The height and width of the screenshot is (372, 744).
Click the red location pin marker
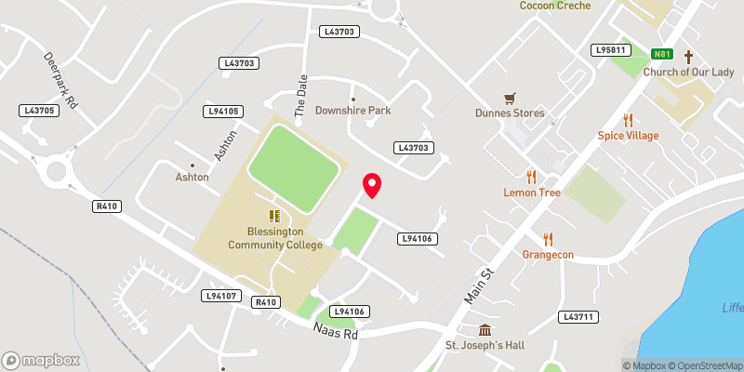coord(372,185)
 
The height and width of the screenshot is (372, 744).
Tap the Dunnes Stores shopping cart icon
coord(510,98)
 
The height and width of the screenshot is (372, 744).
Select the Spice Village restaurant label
coord(628,136)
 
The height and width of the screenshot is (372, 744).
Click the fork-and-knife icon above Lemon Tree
coord(532,176)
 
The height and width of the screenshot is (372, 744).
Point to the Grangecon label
coord(548,254)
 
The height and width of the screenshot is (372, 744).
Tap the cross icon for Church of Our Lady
coord(689,57)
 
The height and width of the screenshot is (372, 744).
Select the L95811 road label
coord(611,49)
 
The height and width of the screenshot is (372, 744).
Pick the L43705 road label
coord(41,111)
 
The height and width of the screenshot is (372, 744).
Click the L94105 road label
coord(223,112)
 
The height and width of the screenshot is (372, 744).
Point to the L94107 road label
coord(221,296)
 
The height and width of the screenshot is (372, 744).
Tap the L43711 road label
coord(578,317)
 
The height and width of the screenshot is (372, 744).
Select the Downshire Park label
coord(352,111)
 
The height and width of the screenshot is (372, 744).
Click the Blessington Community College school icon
coord(275,216)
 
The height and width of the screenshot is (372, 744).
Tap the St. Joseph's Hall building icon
coord(485,331)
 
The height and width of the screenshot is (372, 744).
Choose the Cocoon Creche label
coord(556,6)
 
